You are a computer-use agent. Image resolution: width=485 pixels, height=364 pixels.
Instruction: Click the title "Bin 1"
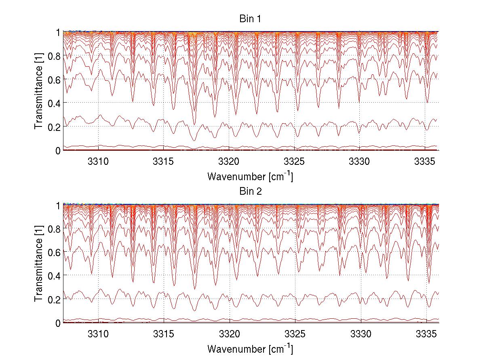(x=251, y=19)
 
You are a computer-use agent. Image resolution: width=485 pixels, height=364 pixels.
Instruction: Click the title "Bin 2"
(x=251, y=191)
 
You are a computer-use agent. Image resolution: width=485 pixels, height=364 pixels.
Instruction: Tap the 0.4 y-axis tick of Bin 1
(x=54, y=103)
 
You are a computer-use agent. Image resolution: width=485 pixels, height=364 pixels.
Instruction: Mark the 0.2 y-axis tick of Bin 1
(x=54, y=127)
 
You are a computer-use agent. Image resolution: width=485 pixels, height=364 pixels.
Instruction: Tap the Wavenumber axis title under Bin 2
(x=250, y=348)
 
